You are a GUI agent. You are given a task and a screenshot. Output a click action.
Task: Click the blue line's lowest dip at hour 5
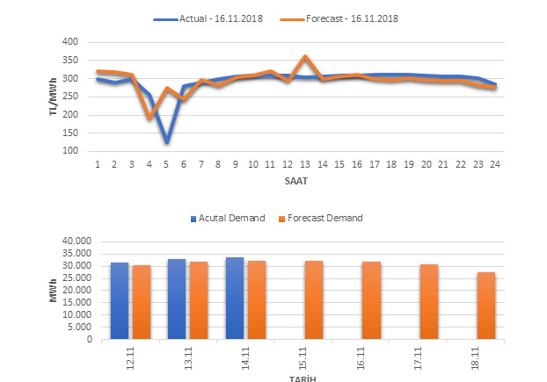pyautogui.click(x=166, y=141)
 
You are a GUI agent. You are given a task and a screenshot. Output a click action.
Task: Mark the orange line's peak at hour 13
pyautogui.click(x=304, y=57)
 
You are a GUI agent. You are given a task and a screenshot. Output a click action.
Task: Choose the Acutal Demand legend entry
pyautogui.click(x=228, y=218)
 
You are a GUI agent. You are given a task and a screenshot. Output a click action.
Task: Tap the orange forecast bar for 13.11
pyautogui.click(x=199, y=299)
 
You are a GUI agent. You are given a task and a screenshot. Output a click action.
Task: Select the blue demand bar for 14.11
pyautogui.click(x=235, y=298)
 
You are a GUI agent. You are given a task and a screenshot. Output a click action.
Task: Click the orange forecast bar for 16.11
pyautogui.click(x=371, y=299)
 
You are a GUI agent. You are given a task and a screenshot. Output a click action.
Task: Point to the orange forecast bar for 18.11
pyautogui.click(x=486, y=306)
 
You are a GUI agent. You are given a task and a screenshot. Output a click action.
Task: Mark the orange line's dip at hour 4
pyautogui.click(x=150, y=118)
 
